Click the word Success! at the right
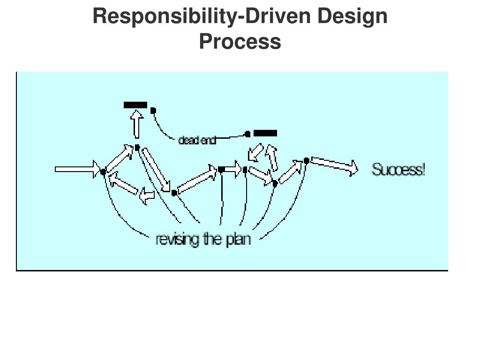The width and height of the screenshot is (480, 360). point(398,169)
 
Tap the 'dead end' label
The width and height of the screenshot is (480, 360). point(197,140)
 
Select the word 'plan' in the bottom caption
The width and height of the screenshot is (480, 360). point(238,240)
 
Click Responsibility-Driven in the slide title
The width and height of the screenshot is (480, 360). point(202,17)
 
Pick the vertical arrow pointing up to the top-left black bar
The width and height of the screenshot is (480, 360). point(137,124)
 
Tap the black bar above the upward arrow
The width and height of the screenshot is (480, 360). point(135,105)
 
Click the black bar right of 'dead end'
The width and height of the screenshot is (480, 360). point(265,134)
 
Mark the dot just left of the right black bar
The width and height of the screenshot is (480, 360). point(247,135)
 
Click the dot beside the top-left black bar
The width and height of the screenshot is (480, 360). point(153,111)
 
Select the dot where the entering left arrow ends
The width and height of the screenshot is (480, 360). point(103,172)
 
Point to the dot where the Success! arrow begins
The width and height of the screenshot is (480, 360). point(306,161)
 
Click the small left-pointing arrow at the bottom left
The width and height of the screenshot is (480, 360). point(147,197)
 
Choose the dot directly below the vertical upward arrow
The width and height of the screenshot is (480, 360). point(137,148)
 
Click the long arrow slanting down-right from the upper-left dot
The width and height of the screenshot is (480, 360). point(156,170)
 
